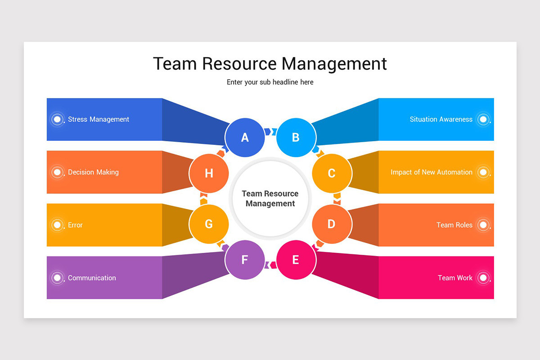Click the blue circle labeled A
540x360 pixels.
click(244, 137)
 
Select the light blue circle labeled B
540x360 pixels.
click(296, 137)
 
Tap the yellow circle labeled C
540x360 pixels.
click(332, 173)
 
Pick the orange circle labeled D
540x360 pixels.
click(332, 224)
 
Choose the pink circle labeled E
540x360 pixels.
click(296, 260)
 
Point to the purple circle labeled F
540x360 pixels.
click(244, 260)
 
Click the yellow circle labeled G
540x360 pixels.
click(209, 224)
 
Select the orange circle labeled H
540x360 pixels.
click(209, 173)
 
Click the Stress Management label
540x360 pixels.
click(99, 119)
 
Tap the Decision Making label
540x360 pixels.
click(93, 172)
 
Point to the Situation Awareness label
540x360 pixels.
click(441, 119)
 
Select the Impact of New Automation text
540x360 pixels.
click(431, 172)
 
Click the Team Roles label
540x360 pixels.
click(454, 225)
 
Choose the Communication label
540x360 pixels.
click(92, 278)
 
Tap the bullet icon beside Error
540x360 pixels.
click(57, 225)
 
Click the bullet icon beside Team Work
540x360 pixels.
click(483, 278)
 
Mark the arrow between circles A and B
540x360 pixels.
click(270, 131)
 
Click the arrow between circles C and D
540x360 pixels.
click(337, 198)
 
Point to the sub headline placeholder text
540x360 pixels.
click(270, 82)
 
